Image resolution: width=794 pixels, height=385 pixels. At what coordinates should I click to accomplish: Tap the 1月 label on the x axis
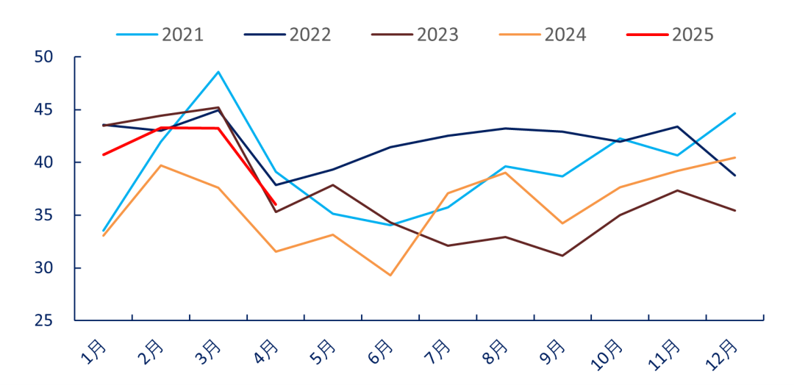[x=94, y=351]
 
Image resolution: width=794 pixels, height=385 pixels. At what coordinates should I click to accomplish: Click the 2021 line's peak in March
[x=218, y=72]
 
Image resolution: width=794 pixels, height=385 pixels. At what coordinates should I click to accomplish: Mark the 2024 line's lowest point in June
[x=390, y=276]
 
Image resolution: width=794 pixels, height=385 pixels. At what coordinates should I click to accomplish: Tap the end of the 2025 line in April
[x=276, y=204]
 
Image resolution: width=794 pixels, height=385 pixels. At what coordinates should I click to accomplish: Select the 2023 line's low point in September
[x=562, y=256]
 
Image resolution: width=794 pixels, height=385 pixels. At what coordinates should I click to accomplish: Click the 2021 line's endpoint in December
[x=734, y=113]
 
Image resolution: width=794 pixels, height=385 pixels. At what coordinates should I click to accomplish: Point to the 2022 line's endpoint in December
[x=734, y=176]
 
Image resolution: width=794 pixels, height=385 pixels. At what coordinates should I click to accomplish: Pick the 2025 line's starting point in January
[x=104, y=154]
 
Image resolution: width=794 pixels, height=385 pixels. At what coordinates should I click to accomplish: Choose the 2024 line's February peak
[x=161, y=165]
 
